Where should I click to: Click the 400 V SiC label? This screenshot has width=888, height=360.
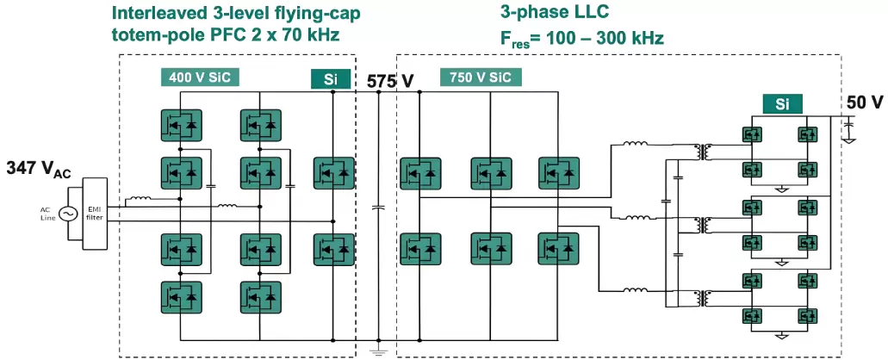point(199,78)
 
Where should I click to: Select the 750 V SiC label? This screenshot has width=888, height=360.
point(479,78)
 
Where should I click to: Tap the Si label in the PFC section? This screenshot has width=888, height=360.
point(330,79)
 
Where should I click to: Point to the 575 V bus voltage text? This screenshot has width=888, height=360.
point(390,81)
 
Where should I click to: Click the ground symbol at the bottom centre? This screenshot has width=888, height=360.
point(376,351)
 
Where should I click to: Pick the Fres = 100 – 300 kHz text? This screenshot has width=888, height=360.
point(582,38)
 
